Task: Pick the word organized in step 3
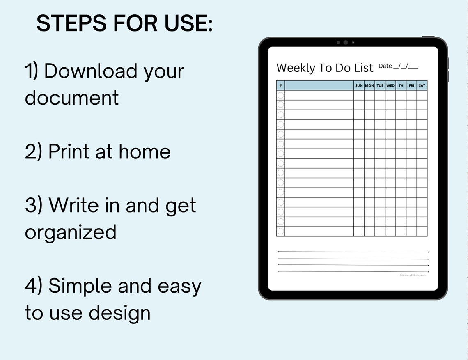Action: (x=71, y=232)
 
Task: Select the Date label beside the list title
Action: (x=385, y=66)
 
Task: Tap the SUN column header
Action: (x=359, y=85)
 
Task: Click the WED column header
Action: (x=390, y=85)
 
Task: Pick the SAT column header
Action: (x=422, y=85)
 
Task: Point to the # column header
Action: (x=280, y=85)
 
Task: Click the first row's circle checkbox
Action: (x=280, y=95)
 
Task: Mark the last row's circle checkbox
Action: (x=280, y=232)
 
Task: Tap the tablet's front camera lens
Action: (x=346, y=42)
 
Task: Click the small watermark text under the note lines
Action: (x=413, y=275)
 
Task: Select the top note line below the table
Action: (x=353, y=252)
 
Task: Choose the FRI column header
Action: (x=411, y=85)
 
